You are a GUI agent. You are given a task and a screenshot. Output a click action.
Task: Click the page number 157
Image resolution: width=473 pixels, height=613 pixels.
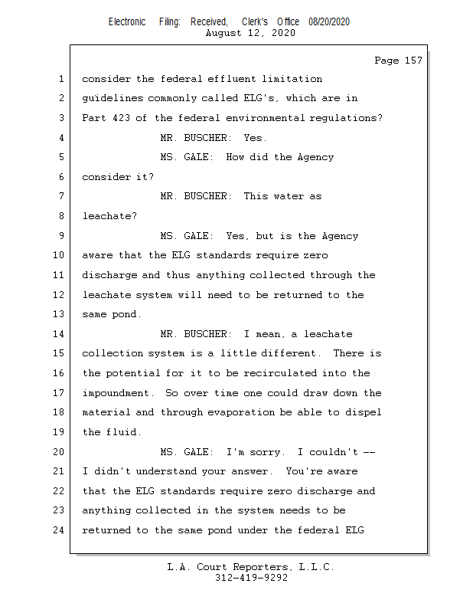(x=413, y=61)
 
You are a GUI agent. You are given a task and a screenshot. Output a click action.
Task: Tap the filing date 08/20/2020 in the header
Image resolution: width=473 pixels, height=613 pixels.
(x=329, y=22)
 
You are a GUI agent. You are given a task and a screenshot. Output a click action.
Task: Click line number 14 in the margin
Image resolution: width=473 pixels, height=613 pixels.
(x=60, y=334)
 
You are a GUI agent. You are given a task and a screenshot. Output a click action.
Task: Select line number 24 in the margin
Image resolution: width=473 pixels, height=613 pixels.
(x=60, y=530)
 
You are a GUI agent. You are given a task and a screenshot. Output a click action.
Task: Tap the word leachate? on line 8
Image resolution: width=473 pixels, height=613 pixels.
(x=109, y=216)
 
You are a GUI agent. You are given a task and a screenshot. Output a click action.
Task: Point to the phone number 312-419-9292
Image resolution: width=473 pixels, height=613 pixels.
(x=250, y=579)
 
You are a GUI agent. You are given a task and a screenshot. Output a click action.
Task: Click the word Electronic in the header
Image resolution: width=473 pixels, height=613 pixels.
(x=127, y=22)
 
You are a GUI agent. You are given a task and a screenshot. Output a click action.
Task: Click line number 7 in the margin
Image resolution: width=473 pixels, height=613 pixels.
(x=60, y=196)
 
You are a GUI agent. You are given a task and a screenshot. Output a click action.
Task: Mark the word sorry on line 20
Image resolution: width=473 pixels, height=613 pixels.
(x=264, y=452)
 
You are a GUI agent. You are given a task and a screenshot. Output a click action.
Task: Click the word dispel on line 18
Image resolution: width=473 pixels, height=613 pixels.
(x=362, y=412)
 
